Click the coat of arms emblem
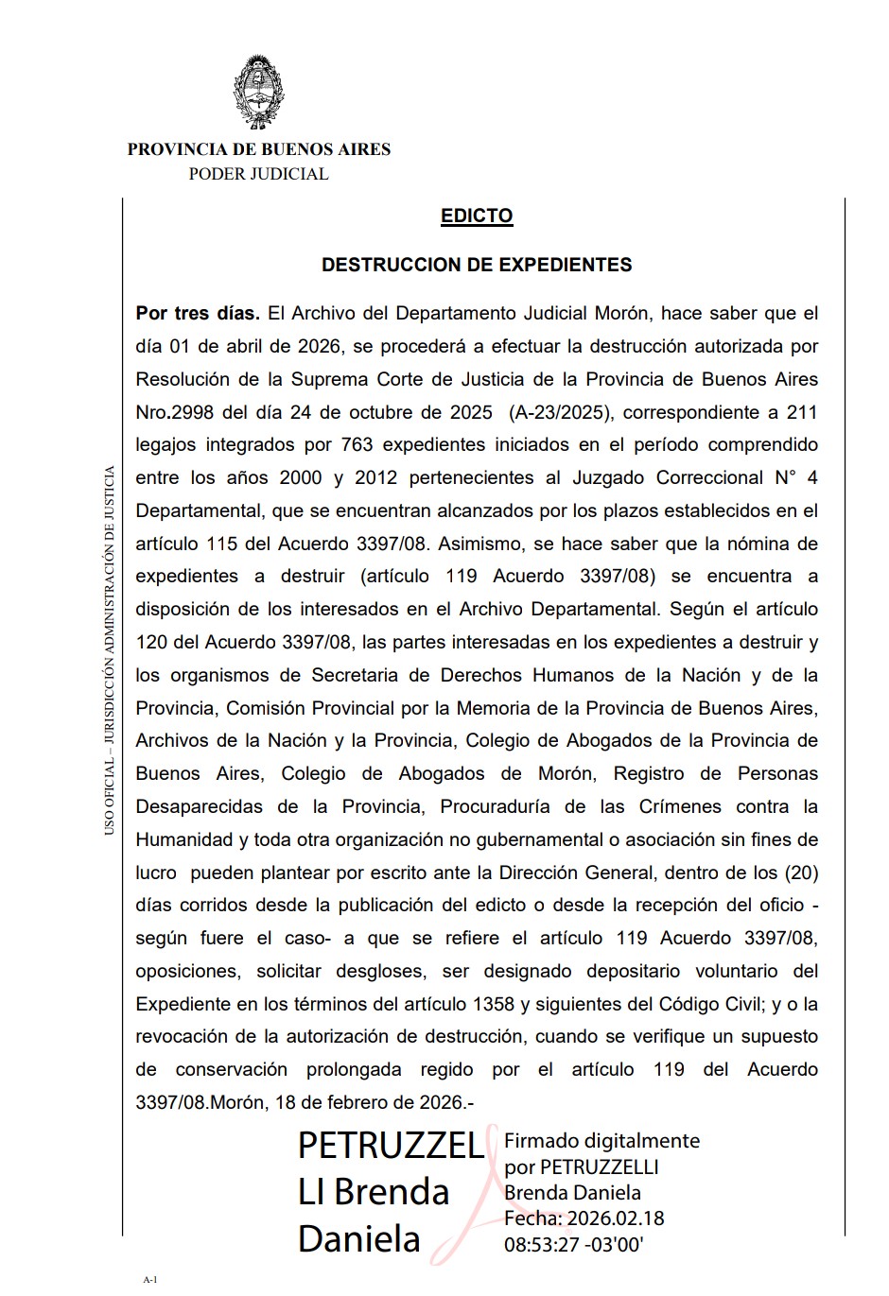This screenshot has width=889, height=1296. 258,93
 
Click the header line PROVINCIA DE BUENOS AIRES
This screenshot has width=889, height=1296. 258,149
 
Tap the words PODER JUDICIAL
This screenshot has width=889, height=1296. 258,174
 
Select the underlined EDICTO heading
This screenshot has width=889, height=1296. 477,216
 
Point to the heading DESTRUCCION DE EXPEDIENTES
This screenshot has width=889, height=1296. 477,265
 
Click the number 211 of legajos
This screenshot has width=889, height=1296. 802,412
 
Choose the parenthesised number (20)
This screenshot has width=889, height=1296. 800,872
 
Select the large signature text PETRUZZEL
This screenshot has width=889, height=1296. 390,1146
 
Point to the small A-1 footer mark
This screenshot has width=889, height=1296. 150,1280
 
